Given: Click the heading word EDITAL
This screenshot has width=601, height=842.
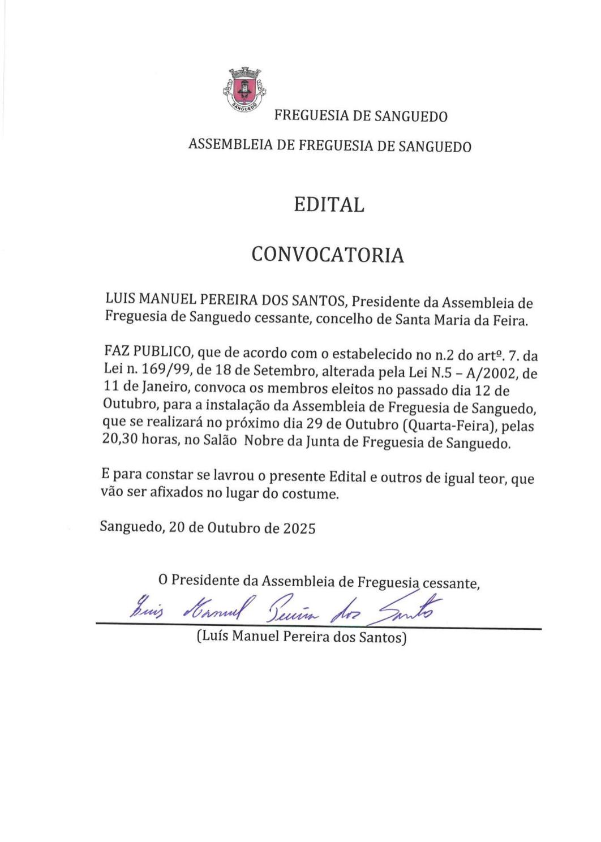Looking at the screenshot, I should point(329,204).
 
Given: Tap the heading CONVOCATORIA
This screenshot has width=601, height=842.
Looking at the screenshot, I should point(328,255).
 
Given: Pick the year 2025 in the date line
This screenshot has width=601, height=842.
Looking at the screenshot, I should point(299,528).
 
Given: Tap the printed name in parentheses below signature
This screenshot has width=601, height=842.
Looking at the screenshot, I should point(302,638).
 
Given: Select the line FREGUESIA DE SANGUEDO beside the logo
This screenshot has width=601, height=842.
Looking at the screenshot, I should point(360,117).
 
